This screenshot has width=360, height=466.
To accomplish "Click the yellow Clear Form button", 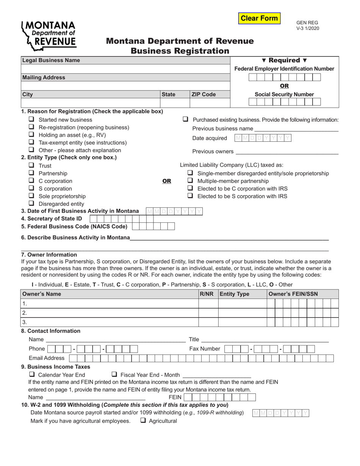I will point(259,18).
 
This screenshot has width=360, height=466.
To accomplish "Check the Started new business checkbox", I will point(32,119).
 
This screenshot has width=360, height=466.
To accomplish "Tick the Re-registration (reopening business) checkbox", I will point(32,127).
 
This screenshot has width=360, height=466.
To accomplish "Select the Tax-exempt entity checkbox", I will point(32,142).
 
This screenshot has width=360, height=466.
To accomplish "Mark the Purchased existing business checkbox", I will point(186,119).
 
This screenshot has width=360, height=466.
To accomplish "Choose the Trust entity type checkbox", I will point(32,166).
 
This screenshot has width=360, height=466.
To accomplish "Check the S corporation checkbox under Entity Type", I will point(32,188).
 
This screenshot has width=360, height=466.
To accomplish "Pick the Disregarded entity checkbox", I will point(32,204).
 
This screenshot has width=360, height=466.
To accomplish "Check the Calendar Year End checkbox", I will point(32,375).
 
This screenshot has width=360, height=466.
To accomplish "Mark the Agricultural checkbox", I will point(143,421).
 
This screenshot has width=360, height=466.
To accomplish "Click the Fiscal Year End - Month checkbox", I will point(114,375).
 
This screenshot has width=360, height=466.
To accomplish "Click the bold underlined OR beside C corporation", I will point(167,181).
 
